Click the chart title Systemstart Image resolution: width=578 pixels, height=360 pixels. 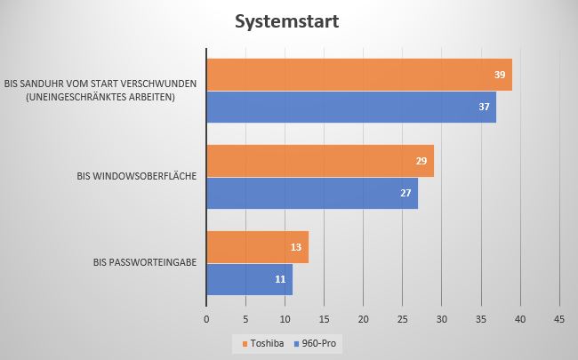pos(288,22)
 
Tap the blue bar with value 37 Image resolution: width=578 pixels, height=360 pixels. pos(350,108)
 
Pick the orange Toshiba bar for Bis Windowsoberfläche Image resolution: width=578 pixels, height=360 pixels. pos(319,161)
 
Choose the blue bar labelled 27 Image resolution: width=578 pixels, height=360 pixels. pos(311,193)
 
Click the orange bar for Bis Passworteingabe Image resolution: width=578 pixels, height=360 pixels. pos(257,247)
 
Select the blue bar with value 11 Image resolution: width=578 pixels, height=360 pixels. pos(249,279)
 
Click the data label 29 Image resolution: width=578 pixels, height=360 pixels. pos(422,161)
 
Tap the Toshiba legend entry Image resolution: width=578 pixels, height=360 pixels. pos(263,342)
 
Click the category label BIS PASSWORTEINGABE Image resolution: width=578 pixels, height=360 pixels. pos(145,263)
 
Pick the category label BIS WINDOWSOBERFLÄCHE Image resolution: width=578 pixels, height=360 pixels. pos(137,177)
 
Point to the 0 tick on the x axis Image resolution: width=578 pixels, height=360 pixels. pos(206,316)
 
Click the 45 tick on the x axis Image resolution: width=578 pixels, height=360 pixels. pos(559,316)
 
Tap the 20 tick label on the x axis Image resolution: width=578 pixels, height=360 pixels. pos(363,316)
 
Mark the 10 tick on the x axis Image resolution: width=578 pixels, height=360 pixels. pos(285,316)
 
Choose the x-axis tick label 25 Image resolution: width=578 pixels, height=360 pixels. pos(402,316)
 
